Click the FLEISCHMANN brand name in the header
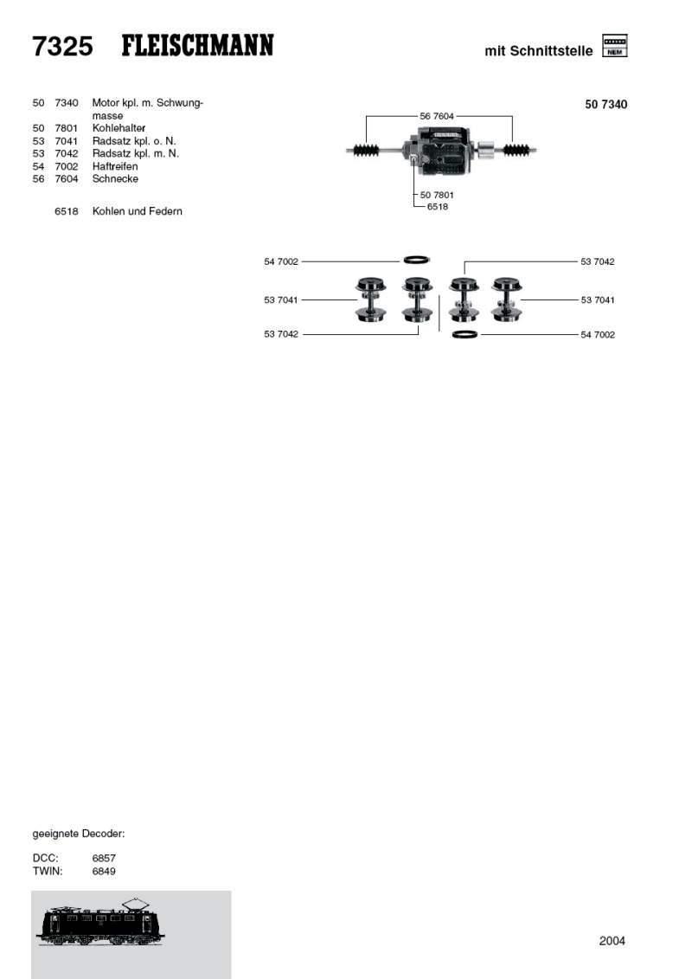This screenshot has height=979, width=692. [x=197, y=46]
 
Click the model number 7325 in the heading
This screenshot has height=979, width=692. [x=62, y=46]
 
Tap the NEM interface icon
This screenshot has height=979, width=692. [x=615, y=46]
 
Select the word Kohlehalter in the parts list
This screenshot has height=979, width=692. [x=119, y=128]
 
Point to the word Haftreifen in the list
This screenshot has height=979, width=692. [x=115, y=166]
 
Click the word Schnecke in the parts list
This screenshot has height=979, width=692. [x=115, y=178]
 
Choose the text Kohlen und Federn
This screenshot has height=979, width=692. [x=138, y=211]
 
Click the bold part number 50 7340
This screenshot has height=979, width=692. [x=605, y=104]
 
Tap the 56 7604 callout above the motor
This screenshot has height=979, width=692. [x=437, y=116]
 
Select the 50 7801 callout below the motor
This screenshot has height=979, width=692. [x=437, y=195]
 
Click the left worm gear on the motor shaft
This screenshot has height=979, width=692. [x=366, y=150]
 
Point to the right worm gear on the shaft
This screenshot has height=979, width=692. [x=516, y=150]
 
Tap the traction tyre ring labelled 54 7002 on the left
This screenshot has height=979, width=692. [x=417, y=260]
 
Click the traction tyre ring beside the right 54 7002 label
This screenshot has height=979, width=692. [x=465, y=335]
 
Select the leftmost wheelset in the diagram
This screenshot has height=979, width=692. [x=370, y=299]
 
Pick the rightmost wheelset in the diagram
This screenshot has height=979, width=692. [x=507, y=299]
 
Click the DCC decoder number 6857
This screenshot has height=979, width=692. [x=104, y=858]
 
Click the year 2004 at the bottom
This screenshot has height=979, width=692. [x=612, y=941]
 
